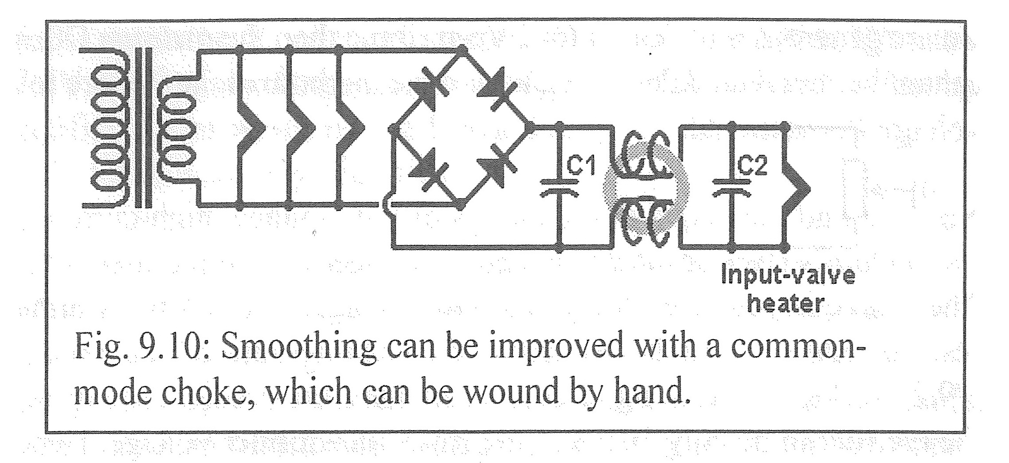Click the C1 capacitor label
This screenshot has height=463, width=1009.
click(x=581, y=167)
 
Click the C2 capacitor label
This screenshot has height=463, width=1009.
click(x=752, y=167)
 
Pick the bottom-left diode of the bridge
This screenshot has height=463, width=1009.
click(x=424, y=171)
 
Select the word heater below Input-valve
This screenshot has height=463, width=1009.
click(x=786, y=304)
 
